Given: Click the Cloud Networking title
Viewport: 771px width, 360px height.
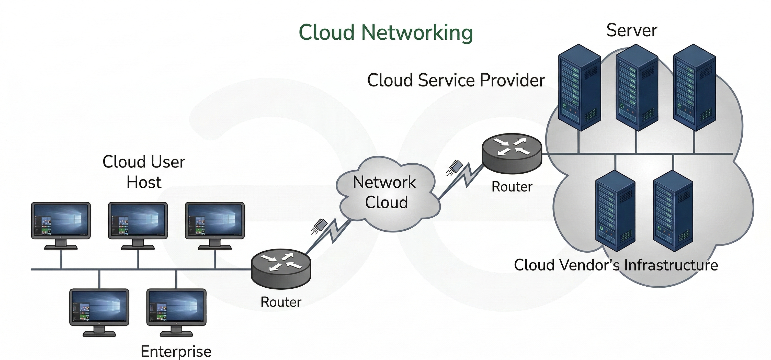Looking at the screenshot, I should [385, 32].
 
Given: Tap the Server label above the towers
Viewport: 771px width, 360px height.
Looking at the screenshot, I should [631, 30].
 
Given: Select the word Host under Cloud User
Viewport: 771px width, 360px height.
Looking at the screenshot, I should [144, 182].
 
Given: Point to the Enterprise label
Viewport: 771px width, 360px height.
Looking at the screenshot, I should [176, 351].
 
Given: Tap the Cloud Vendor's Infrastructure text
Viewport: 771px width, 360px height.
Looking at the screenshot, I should [616, 265].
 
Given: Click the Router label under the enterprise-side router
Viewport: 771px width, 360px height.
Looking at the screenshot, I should [281, 302].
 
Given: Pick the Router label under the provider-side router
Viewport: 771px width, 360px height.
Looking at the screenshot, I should [512, 187].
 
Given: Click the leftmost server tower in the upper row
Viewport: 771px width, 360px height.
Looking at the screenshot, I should [579, 87].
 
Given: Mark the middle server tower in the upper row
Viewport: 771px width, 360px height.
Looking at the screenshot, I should [637, 87].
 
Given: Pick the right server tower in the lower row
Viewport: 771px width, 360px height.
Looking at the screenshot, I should [673, 211].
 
